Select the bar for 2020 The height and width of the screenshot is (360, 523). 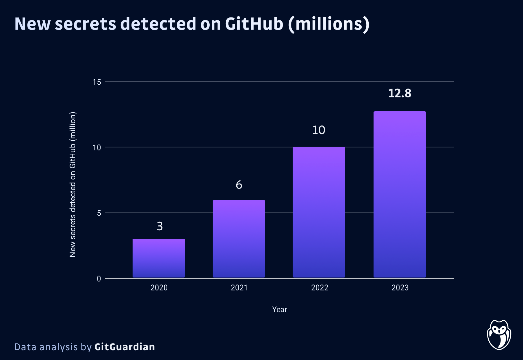click(x=159, y=258)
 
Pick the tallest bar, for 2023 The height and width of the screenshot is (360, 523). click(x=400, y=194)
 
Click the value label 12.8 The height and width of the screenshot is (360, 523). click(x=400, y=93)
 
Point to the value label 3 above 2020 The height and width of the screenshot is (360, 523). click(x=160, y=226)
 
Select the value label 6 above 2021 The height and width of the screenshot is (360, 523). click(x=239, y=185)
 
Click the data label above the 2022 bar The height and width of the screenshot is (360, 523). click(x=319, y=130)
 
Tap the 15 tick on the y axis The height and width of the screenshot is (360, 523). click(x=97, y=82)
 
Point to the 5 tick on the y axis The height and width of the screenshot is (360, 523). click(x=99, y=213)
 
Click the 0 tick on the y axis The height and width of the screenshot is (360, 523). click(x=99, y=279)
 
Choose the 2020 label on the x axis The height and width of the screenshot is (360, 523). click(x=159, y=288)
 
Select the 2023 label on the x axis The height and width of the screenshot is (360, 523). click(x=400, y=288)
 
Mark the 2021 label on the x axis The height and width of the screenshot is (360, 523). click(x=239, y=288)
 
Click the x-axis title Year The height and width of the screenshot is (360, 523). click(x=280, y=310)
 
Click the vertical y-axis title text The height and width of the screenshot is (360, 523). click(x=73, y=184)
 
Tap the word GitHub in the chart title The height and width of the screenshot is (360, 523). click(x=254, y=24)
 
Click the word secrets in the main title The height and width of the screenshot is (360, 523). click(x=85, y=24)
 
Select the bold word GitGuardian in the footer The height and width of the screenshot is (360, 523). click(x=125, y=347)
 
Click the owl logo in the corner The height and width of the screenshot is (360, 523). click(x=499, y=335)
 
